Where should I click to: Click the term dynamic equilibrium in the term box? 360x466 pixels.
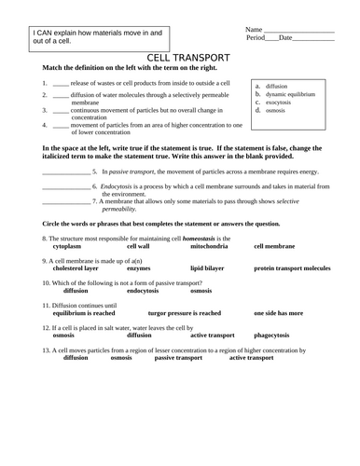click(296, 95)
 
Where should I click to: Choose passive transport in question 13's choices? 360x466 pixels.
click(177, 357)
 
